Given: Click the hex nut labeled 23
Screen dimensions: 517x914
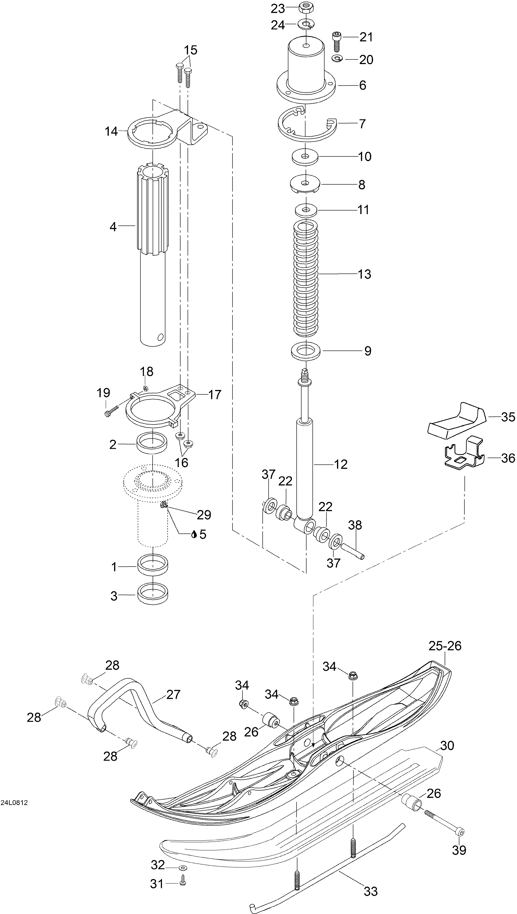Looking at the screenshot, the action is (x=306, y=7).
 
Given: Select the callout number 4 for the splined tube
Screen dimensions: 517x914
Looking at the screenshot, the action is (x=113, y=226).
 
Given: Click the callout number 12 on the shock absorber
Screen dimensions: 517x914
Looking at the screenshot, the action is (x=341, y=464).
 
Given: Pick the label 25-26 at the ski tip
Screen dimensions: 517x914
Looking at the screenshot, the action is (x=445, y=646).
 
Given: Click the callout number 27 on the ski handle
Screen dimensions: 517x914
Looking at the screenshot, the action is (x=173, y=694).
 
